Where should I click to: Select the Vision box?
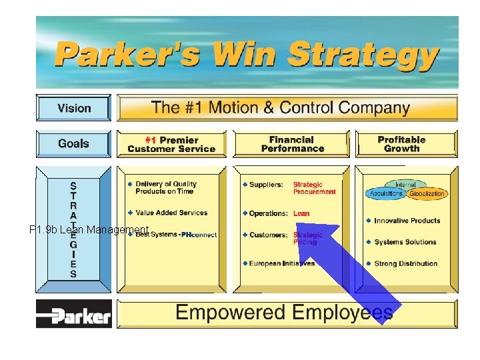coord(74,108)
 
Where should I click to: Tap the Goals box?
coord(73,143)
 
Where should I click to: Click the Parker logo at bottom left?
coord(74,314)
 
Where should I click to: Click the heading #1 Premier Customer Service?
coord(171,144)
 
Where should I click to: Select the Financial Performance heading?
coord(291,144)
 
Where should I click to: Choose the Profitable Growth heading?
coord(401,144)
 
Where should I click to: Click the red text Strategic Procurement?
coord(314,188)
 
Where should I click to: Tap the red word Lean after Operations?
coord(301,213)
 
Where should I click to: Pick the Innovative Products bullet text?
coord(407,221)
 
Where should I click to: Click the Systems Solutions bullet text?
coord(405,242)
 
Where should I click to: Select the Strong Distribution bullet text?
coord(405,263)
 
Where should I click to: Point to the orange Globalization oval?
coord(427,194)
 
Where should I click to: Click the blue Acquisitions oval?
coord(385,194)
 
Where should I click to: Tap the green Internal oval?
coord(405,185)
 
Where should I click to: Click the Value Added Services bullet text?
coord(171,213)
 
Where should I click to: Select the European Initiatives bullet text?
coord(282,263)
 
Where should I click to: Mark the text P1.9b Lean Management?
coord(89,230)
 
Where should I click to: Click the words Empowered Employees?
coord(283,313)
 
